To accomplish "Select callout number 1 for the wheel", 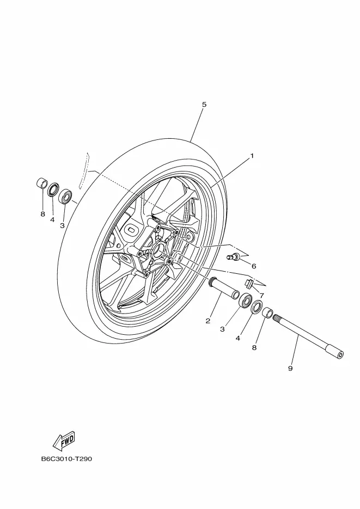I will [252, 156].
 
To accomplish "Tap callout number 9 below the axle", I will [290, 369].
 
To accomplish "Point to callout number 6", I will [253, 266].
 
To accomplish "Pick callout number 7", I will [261, 296].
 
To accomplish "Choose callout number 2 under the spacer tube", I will [208, 321].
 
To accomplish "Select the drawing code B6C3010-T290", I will [66, 459].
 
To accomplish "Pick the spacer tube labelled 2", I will [224, 288].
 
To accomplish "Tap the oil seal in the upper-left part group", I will [53, 191].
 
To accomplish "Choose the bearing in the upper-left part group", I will [66, 195].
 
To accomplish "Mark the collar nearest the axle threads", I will [268, 313].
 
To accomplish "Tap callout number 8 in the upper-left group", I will [42, 214].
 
